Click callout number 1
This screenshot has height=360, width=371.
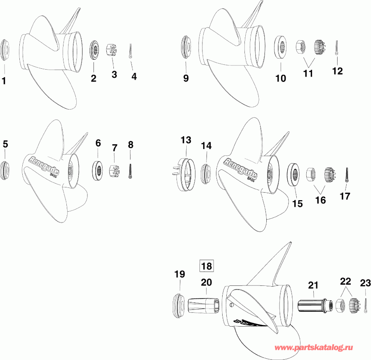click(5, 81)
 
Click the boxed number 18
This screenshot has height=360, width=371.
click(207, 266)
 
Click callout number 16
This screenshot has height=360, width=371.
click(320, 200)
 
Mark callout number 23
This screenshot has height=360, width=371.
click(365, 283)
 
